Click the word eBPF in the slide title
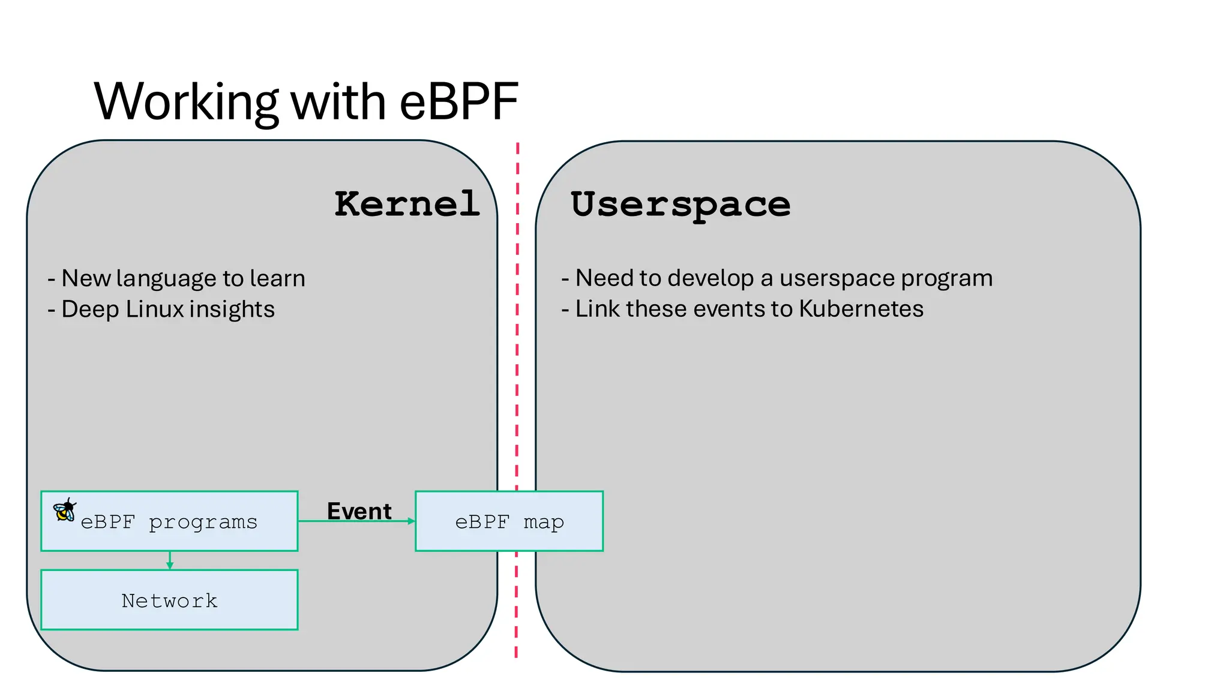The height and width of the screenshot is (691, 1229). pyautogui.click(x=458, y=102)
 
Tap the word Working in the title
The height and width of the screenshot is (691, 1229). pyautogui.click(x=186, y=102)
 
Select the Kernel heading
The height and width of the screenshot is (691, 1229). pyautogui.click(x=407, y=204)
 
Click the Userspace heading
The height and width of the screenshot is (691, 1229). pyautogui.click(x=681, y=205)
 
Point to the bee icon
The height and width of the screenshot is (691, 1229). pyautogui.click(x=65, y=510)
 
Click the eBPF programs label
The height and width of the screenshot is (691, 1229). pyautogui.click(x=169, y=522)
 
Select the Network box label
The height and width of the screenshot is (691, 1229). pyautogui.click(x=169, y=600)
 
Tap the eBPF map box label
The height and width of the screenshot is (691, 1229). pyautogui.click(x=509, y=522)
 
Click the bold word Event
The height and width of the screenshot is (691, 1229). pyautogui.click(x=359, y=511)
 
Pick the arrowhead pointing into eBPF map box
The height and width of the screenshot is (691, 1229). pyautogui.click(x=412, y=521)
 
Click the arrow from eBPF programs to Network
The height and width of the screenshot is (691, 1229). pyautogui.click(x=170, y=560)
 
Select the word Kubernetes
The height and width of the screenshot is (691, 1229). pyautogui.click(x=861, y=309)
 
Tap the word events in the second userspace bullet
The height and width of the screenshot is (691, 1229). pyautogui.click(x=727, y=309)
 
